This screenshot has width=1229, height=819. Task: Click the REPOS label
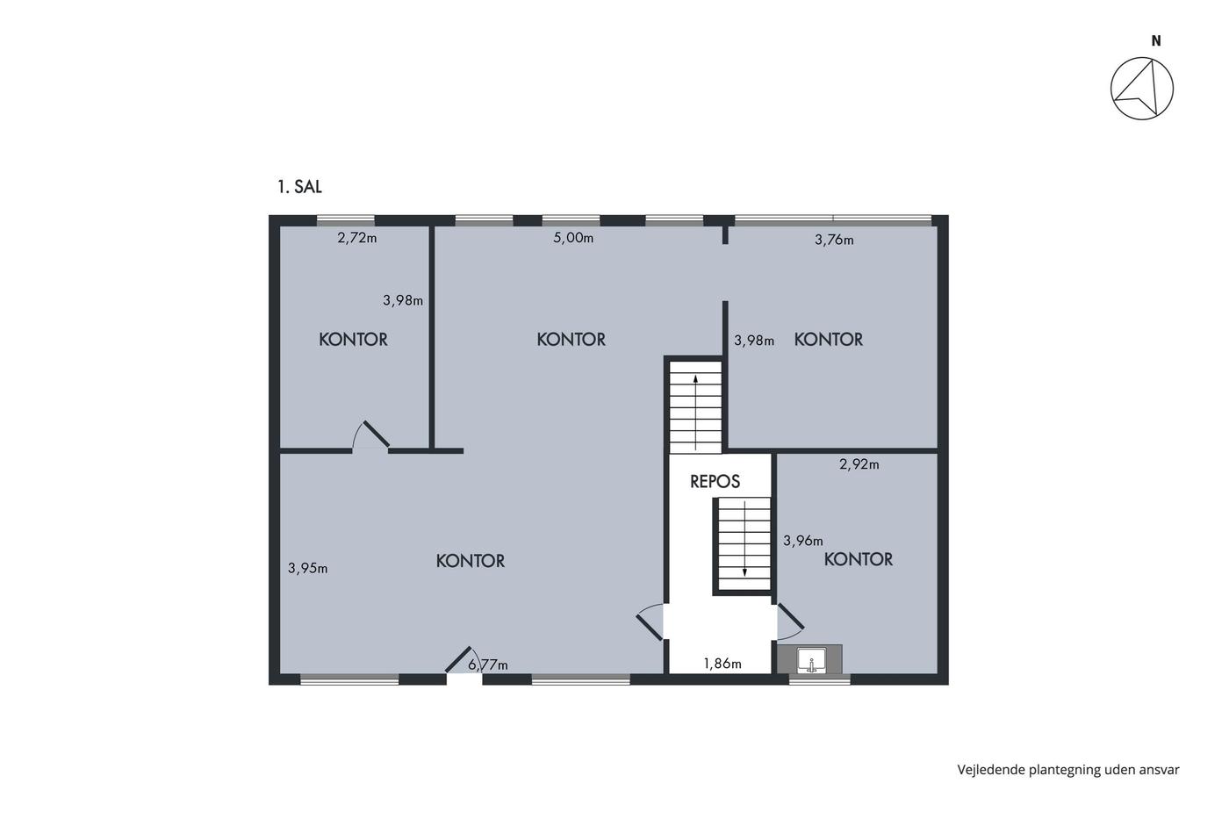tap(715, 482)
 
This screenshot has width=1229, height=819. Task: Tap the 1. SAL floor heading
tap(299, 187)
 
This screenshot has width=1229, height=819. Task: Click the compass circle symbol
tap(1142, 89)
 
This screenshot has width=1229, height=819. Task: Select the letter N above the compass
tap(1156, 40)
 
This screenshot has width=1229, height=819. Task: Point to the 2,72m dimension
tap(357, 238)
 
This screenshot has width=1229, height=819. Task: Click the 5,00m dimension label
tap(573, 238)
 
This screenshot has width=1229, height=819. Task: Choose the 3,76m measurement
tap(834, 240)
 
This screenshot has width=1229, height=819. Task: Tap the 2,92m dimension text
tap(859, 464)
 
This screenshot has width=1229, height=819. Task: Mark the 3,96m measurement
tap(802, 541)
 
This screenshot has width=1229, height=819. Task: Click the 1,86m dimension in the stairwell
tap(722, 664)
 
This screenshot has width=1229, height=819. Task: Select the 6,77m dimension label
tap(488, 665)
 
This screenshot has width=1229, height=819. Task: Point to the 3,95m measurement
tap(308, 568)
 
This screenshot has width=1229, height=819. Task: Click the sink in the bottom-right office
tap(812, 660)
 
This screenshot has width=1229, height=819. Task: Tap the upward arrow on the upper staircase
tap(695, 413)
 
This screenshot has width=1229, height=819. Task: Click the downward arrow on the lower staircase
tap(744, 539)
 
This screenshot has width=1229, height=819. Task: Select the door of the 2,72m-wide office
tap(377, 434)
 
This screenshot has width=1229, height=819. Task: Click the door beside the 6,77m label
tap(458, 659)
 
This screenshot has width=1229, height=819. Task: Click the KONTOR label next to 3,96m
tap(859, 559)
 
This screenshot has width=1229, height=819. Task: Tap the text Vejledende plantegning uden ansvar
tap(1068, 770)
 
